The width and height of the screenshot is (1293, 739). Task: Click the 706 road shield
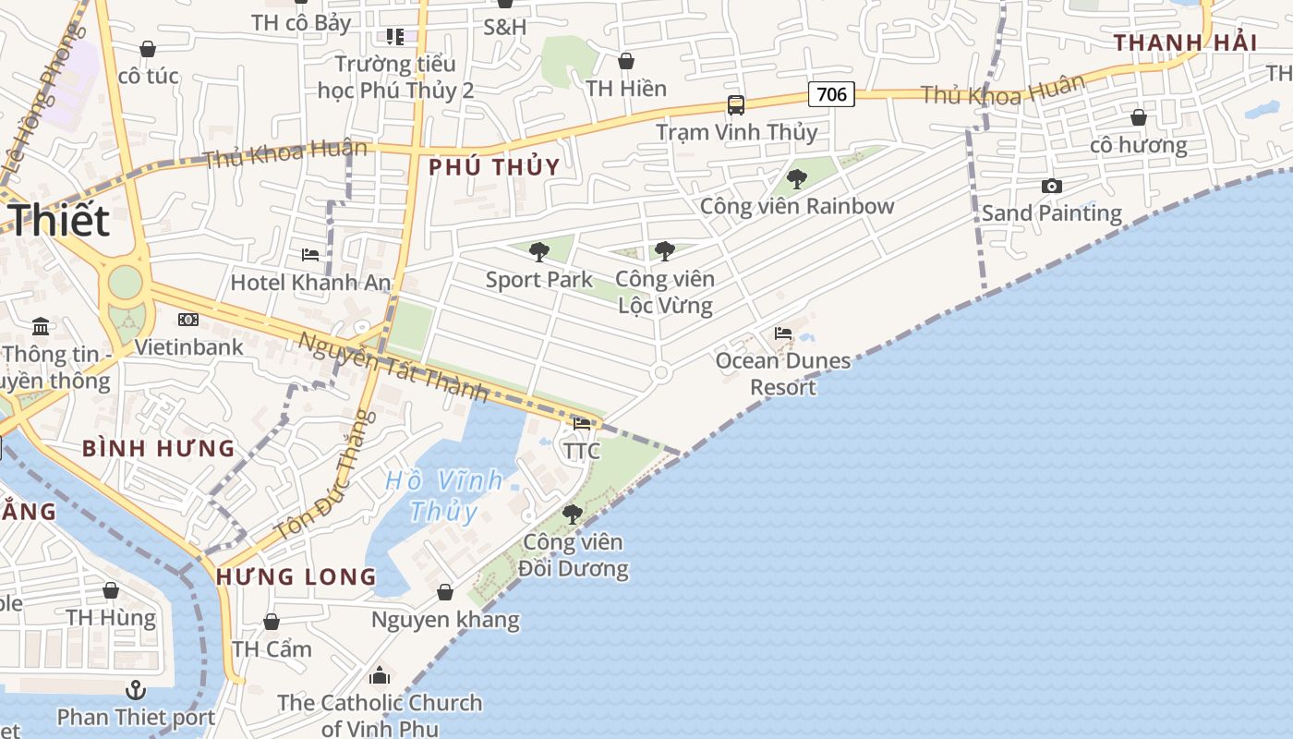(x=831, y=93)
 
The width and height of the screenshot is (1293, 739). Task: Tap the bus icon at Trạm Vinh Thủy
(x=736, y=105)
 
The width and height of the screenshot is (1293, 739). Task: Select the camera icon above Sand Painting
(x=1051, y=187)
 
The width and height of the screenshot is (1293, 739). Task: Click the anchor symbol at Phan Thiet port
(x=136, y=690)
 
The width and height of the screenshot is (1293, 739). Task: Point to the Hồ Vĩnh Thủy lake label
(x=444, y=495)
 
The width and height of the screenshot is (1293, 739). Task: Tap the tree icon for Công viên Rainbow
(x=796, y=179)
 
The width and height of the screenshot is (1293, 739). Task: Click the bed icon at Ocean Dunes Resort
(x=783, y=333)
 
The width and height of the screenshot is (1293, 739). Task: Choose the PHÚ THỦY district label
(x=494, y=167)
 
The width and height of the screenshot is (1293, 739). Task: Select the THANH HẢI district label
(x=1185, y=42)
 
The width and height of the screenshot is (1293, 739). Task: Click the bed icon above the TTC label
(x=582, y=424)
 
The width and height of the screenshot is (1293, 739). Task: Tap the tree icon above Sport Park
(x=539, y=251)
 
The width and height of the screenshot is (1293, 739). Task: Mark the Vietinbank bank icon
(x=188, y=320)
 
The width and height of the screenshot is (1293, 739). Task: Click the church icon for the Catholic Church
(x=380, y=676)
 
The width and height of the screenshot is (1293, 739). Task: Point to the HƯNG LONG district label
(x=296, y=577)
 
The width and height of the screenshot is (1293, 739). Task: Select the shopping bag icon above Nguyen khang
(x=445, y=592)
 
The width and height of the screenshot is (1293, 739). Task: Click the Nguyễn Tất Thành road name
(x=393, y=367)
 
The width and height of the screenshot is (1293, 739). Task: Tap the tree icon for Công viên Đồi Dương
(x=573, y=515)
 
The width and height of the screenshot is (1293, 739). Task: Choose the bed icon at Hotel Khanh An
(x=310, y=254)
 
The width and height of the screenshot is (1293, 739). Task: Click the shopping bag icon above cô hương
(x=1139, y=118)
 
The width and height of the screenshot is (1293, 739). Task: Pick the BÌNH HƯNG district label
(x=158, y=449)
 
